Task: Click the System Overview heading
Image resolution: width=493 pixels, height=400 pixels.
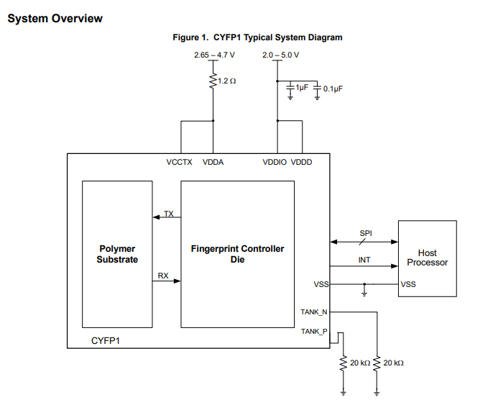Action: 55,19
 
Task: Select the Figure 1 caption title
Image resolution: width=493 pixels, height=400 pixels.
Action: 257,37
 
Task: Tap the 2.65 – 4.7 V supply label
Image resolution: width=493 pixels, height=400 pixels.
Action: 214,55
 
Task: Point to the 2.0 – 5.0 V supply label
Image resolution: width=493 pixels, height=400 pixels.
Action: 280,55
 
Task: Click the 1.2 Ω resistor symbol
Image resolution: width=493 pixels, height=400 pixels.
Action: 213,81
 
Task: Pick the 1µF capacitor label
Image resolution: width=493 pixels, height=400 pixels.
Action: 301,87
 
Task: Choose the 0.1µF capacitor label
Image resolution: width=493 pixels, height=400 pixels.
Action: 333,88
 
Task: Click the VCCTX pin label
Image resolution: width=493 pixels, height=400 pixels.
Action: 180,162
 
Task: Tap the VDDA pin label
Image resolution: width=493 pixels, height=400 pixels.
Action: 213,162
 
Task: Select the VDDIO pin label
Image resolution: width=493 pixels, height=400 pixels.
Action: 275,162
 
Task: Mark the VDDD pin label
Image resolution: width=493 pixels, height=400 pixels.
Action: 302,162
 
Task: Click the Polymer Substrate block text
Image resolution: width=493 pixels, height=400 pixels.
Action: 117,254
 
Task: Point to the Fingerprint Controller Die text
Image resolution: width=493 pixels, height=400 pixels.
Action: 237,254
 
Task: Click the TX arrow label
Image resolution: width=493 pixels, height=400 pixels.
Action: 168,214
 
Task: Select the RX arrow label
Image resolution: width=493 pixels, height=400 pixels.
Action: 163,276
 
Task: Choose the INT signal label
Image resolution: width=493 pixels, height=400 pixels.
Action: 364,260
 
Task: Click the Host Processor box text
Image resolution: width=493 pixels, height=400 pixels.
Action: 427,258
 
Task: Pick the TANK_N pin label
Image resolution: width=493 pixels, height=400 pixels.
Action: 314,312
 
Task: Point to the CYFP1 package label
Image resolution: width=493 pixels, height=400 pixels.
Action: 106,339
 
